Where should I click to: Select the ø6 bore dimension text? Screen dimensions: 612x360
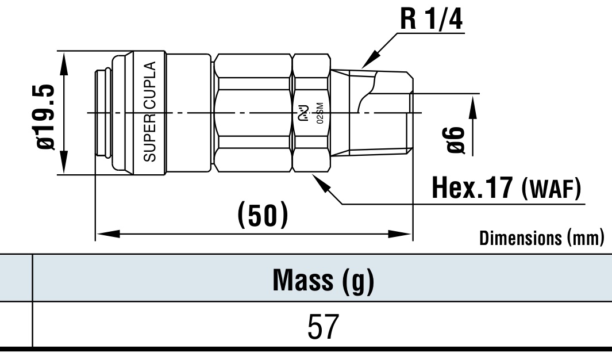pyautogui.click(x=453, y=140)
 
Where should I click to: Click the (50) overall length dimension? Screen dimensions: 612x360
pyautogui.click(x=263, y=215)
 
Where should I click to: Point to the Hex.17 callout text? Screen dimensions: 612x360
pyautogui.click(x=472, y=187)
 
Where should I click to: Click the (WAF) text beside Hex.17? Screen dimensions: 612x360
pyautogui.click(x=551, y=189)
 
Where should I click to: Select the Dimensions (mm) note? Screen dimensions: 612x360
pyautogui.click(x=542, y=238)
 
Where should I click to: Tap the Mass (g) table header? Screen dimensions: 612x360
pyautogui.click(x=323, y=280)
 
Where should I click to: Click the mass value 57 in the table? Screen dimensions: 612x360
pyautogui.click(x=323, y=327)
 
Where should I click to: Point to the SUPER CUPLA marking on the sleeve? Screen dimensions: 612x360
pyautogui.click(x=150, y=112)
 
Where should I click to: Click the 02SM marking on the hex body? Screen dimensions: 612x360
pyautogui.click(x=320, y=113)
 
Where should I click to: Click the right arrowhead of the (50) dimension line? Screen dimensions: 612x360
pyautogui.click(x=400, y=234)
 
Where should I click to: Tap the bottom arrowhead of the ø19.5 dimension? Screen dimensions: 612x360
pyautogui.click(x=63, y=162)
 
